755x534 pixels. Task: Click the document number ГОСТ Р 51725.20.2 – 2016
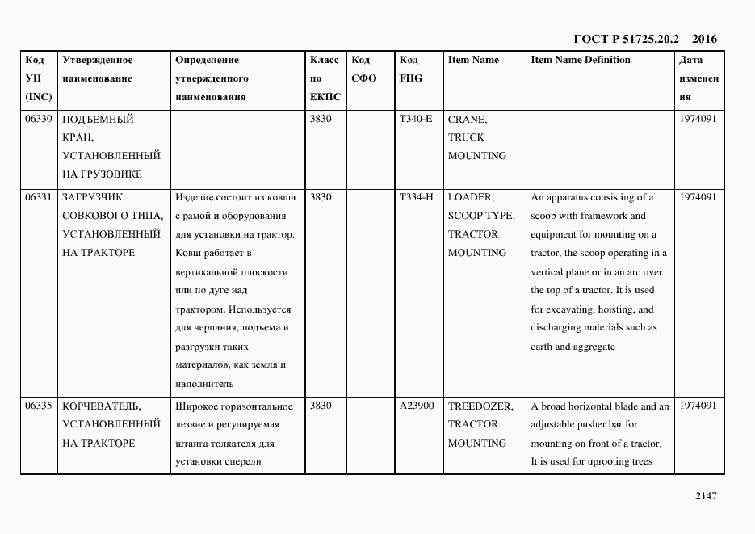tap(644, 39)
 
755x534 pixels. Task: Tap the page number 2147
tap(706, 496)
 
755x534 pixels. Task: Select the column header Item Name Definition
tap(581, 60)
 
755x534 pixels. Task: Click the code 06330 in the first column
tap(39, 119)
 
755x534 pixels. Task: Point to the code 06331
tap(39, 197)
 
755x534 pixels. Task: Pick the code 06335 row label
tap(39, 406)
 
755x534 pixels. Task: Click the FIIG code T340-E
tap(415, 119)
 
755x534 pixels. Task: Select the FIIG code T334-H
tap(416, 197)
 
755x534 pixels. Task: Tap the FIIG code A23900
tap(416, 406)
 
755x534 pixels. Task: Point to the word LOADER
tap(471, 197)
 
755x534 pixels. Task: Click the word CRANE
tap(467, 119)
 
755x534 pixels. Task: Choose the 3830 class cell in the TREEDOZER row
tap(321, 406)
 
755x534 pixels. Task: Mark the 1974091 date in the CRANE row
tap(698, 119)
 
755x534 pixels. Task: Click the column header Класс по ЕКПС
tap(325, 78)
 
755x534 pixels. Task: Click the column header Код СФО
tap(364, 69)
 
